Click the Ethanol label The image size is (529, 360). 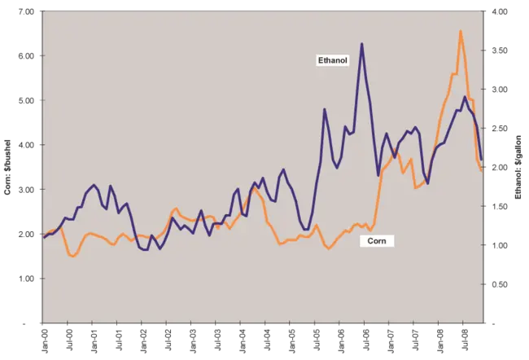coord(332,60)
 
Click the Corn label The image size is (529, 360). coord(377,241)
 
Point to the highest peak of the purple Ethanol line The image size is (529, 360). coord(361,43)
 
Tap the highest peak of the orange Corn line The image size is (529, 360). coord(461,31)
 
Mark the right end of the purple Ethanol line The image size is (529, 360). coord(482,159)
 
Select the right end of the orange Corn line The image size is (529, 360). coord(483,171)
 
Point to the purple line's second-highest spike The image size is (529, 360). coord(324,108)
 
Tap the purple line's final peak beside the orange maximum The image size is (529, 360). coord(464,97)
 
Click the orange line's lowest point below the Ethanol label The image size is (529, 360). coord(329,248)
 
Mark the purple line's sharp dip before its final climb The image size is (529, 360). coord(428,185)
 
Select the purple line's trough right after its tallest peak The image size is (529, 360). coord(378,175)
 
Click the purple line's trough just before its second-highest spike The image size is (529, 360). coord(305,230)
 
